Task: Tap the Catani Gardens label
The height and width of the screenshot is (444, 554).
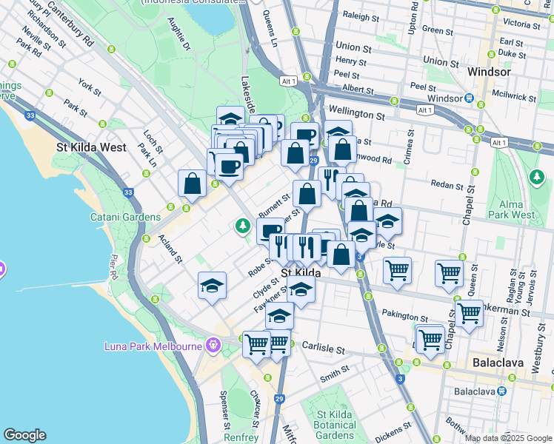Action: pyautogui.click(x=125, y=217)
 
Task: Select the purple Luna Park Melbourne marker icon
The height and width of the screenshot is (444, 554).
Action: pyautogui.click(x=215, y=346)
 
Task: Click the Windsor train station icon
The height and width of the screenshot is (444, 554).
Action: pyautogui.click(x=470, y=98)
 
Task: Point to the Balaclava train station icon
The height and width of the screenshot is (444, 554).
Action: pyautogui.click(x=502, y=391)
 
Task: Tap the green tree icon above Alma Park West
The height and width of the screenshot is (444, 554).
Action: pyautogui.click(x=536, y=177)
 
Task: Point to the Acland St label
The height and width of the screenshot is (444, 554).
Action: pyautogui.click(x=170, y=249)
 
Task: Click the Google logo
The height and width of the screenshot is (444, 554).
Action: pyautogui.click(x=24, y=435)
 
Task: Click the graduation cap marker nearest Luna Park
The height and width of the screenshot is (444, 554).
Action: pyautogui.click(x=212, y=286)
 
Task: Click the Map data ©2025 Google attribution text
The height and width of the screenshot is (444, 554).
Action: pyautogui.click(x=508, y=438)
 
